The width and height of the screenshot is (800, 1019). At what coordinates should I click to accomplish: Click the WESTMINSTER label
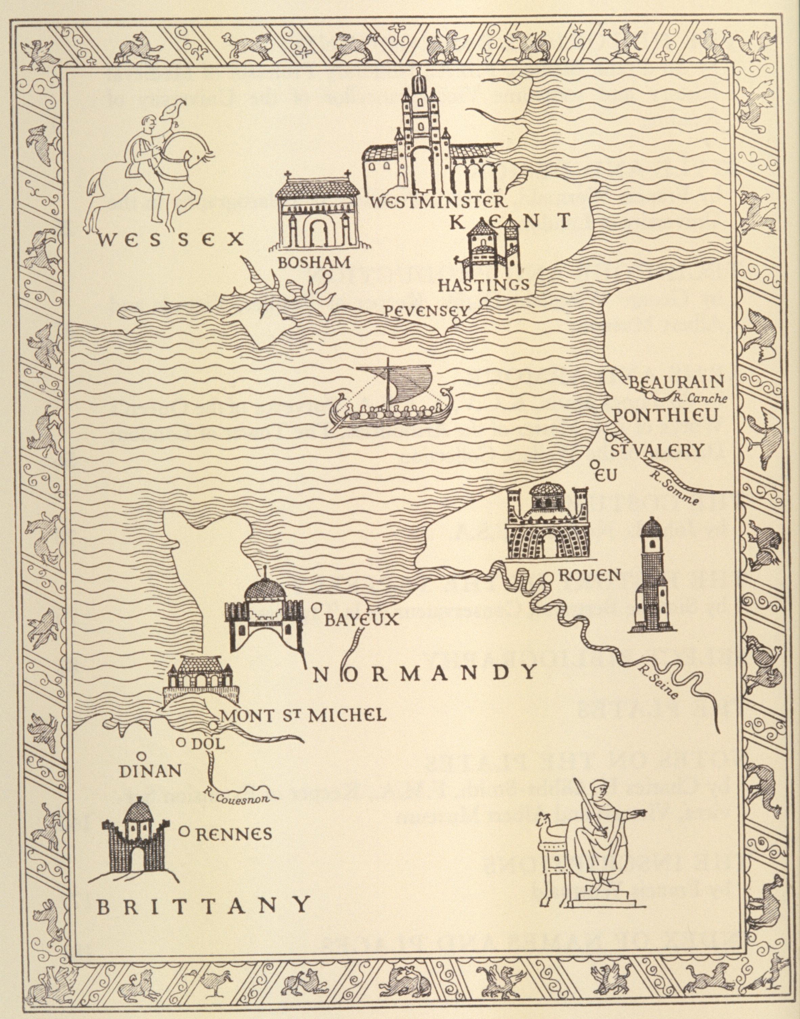[x=438, y=202]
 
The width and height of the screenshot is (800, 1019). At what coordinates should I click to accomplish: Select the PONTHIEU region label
[x=665, y=416]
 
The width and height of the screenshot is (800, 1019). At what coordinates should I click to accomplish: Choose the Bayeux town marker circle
[x=316, y=608]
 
